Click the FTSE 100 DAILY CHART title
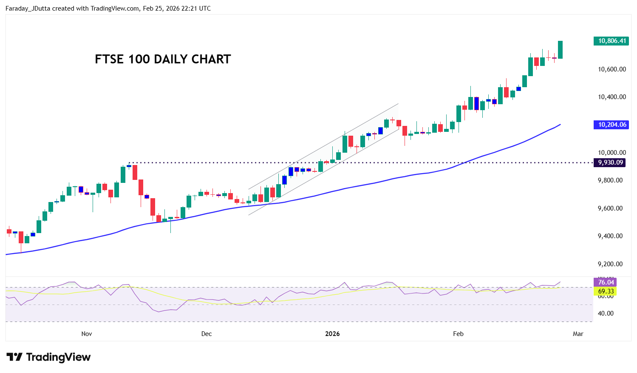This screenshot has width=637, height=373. [163, 59]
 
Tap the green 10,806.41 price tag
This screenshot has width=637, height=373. [611, 41]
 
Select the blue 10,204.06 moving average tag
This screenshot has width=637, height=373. [611, 125]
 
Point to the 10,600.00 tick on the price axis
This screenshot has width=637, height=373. [612, 69]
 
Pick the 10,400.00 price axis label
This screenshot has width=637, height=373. [612, 97]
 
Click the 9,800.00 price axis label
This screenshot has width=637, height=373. [610, 180]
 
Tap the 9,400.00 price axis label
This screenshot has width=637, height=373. [610, 236]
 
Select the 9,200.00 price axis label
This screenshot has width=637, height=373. [610, 264]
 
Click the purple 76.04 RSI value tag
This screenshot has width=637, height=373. [605, 282]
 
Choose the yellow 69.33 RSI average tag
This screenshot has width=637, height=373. [605, 291]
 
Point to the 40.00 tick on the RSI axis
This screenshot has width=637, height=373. [606, 313]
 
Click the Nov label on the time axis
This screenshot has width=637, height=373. [87, 334]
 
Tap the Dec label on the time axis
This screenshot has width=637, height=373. [207, 334]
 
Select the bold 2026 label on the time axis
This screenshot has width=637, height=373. [332, 334]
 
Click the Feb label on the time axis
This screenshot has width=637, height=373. [458, 334]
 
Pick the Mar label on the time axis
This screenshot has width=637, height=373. [578, 334]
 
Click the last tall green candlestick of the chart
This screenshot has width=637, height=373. [561, 50]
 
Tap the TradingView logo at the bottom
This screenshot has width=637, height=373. [48, 357]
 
